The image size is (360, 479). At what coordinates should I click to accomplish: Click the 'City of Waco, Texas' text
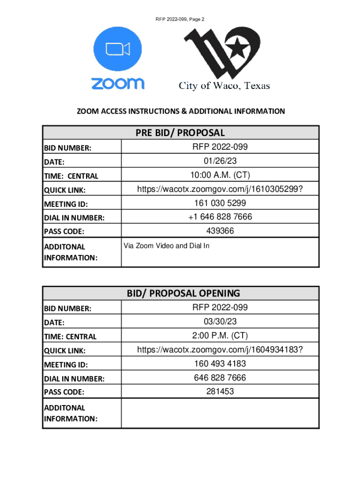click(224, 86)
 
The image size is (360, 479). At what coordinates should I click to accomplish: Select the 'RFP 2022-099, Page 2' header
click(180, 19)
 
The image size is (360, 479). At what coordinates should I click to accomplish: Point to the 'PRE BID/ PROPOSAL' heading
click(180, 133)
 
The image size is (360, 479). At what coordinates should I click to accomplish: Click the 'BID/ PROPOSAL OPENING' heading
click(183, 293)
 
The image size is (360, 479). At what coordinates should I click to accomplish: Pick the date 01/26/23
click(220, 161)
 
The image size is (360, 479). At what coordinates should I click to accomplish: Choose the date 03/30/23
click(220, 322)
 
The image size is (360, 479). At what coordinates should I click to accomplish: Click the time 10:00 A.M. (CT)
click(220, 175)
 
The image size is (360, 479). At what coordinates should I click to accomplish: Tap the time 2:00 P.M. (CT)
click(220, 336)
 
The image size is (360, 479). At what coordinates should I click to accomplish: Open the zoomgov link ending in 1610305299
click(220, 189)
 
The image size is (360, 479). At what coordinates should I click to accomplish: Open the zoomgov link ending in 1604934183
click(220, 350)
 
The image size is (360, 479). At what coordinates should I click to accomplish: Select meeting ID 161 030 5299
click(220, 203)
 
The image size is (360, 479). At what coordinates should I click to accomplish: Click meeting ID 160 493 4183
click(220, 363)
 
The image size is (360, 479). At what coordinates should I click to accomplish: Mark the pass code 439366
click(220, 231)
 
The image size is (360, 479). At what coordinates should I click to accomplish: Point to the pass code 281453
click(220, 391)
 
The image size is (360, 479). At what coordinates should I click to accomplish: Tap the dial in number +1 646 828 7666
click(220, 217)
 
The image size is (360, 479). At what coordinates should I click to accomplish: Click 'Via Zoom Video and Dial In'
click(166, 246)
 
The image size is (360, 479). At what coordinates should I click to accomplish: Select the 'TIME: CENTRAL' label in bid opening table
click(70, 336)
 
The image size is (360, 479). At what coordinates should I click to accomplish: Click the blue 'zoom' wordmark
click(117, 84)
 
